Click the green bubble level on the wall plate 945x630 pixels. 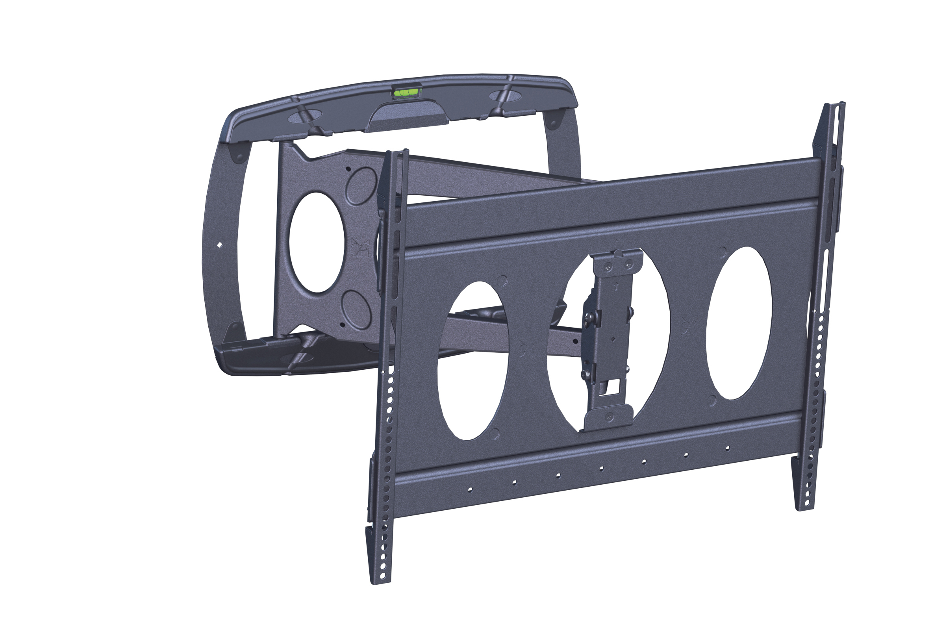coord(406,93)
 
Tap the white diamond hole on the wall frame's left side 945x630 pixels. coord(219,244)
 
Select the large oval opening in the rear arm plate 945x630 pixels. coord(317,242)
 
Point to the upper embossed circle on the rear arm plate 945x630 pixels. coord(360,186)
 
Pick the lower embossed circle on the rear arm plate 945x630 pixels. coord(356,310)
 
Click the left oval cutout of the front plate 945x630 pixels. coord(472,360)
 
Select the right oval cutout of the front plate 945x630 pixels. coord(739,322)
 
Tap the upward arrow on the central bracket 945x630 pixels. coord(616,287)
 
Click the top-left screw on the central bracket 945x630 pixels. coord(608,268)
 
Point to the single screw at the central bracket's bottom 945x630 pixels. coord(610,417)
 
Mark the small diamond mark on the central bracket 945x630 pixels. coord(613,339)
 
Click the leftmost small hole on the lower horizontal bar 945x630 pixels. coord(470,489)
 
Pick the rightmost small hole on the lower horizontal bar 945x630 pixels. coord(727,448)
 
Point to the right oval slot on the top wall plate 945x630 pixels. coord(505,96)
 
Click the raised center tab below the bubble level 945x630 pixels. coord(409,115)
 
